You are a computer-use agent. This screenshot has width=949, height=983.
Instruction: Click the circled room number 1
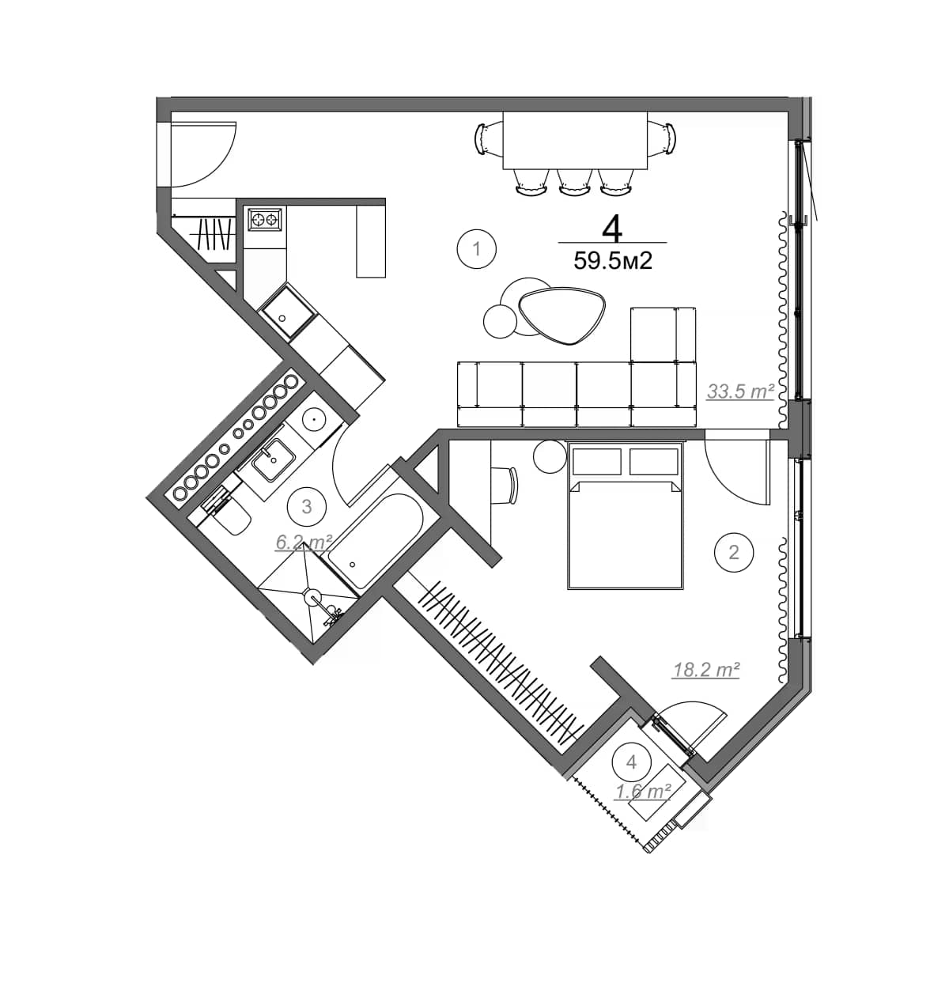click(x=476, y=249)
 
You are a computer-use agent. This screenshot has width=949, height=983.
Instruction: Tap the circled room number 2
click(x=733, y=551)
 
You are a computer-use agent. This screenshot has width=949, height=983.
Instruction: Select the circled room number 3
click(x=307, y=507)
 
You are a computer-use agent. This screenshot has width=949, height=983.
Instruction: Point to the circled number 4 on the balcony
click(x=631, y=762)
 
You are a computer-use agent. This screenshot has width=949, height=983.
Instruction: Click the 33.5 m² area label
click(x=739, y=391)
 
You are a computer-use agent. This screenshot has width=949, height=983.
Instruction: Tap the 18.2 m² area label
click(x=705, y=670)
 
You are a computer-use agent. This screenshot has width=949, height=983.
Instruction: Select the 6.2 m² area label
click(x=303, y=542)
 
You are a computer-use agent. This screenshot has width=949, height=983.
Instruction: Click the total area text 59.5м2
click(x=613, y=261)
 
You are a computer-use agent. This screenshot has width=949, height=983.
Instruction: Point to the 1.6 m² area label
click(x=644, y=791)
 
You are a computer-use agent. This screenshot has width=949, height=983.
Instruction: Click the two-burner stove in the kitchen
click(x=264, y=219)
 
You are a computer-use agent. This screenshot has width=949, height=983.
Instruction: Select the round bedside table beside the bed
click(x=548, y=457)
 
